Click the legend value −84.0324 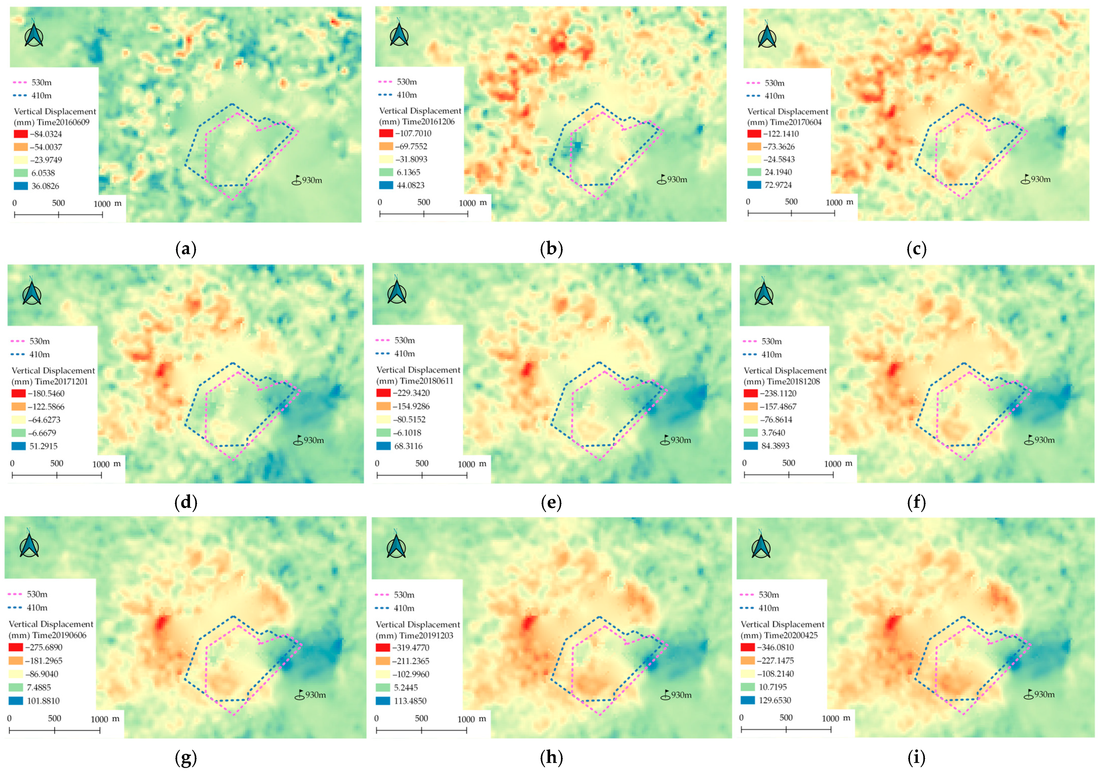[x=47, y=134]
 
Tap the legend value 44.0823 [x=411, y=185]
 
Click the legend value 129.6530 [x=775, y=700]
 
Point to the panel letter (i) [x=916, y=757]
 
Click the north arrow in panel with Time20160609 [x=34, y=34]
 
